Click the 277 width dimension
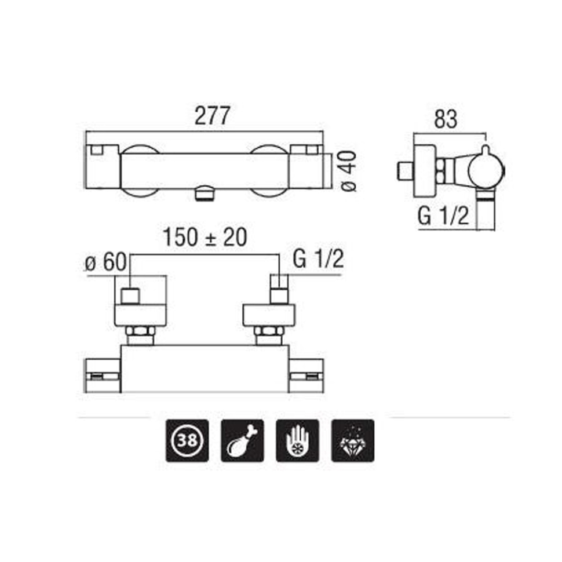[211, 116]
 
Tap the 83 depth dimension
[446, 119]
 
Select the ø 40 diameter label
[347, 171]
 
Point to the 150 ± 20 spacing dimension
[205, 238]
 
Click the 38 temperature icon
[187, 440]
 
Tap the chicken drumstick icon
[242, 440]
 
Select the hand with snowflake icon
[297, 440]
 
